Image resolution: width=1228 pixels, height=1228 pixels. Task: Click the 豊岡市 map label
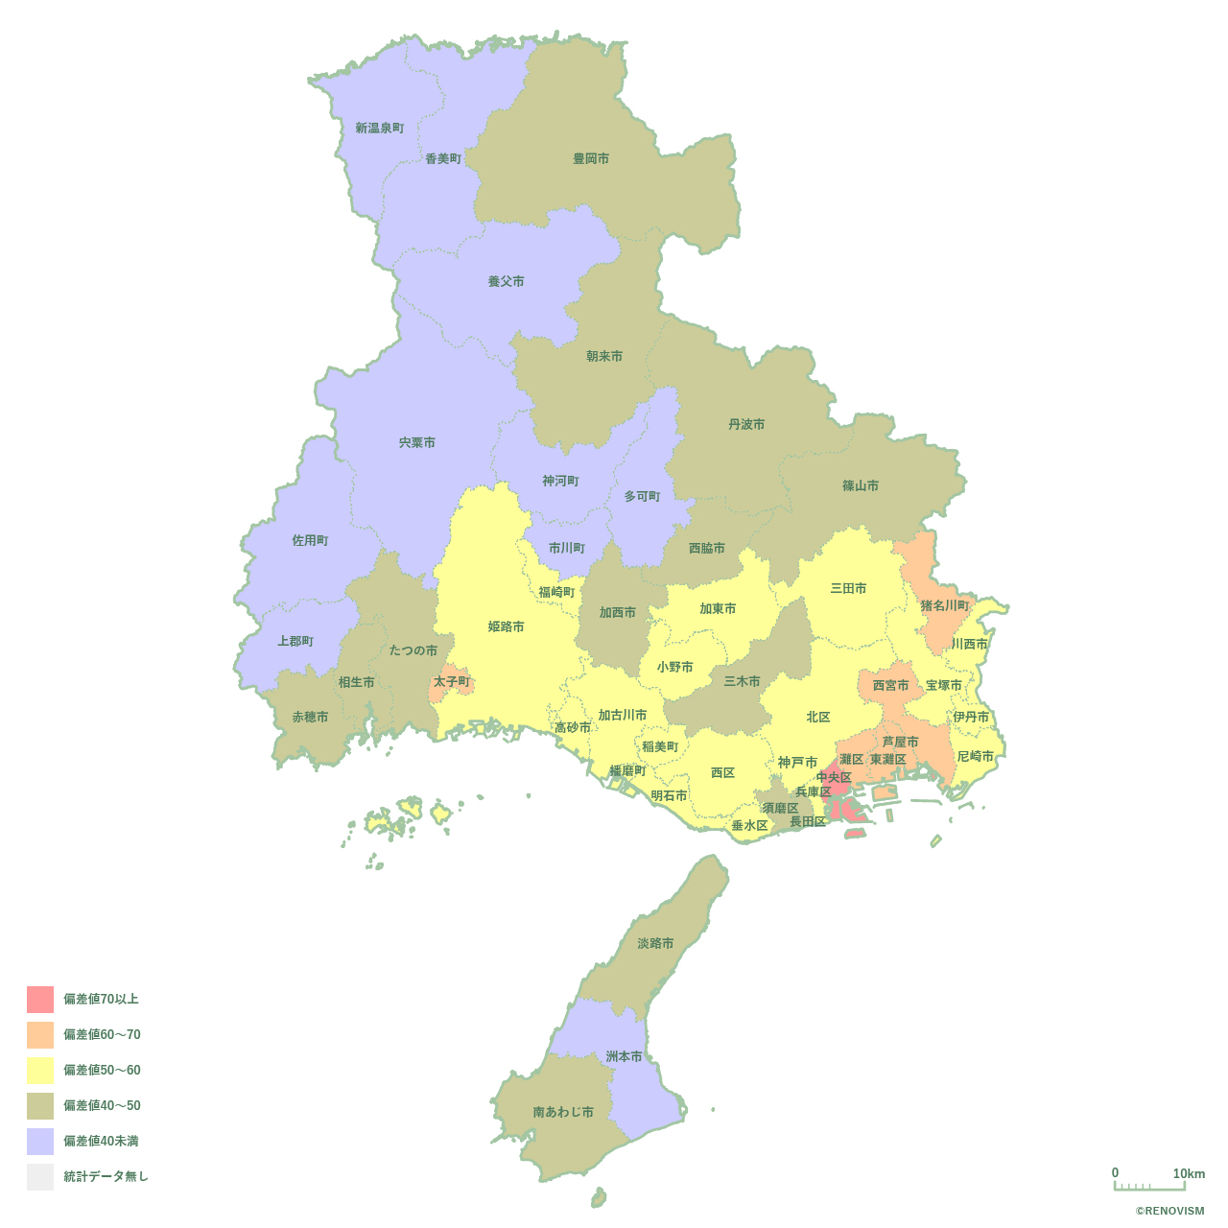[591, 158]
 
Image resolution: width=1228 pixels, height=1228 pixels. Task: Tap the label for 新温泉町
[380, 128]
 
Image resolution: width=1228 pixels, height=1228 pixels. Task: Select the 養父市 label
[507, 281]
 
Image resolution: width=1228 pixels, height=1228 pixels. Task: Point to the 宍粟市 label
[417, 442]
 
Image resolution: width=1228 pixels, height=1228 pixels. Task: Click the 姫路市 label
[507, 626]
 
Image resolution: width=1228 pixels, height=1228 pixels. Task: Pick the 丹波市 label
[746, 424]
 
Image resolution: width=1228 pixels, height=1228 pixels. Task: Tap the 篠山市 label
[861, 485]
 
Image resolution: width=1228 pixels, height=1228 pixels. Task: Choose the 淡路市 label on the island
[655, 943]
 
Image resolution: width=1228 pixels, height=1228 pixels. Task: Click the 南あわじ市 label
[563, 1112]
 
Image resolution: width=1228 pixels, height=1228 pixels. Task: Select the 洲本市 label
[624, 1056]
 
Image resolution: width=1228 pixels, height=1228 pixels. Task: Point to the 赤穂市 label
[310, 717]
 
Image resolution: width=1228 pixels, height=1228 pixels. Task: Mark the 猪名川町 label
[945, 605]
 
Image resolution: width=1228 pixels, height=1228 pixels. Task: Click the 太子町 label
[452, 681]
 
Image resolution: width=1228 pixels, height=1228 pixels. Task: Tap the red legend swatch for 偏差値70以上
[40, 1000]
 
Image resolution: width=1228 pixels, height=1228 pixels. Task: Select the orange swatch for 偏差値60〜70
[40, 1035]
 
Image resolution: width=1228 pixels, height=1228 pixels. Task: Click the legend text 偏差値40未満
[102, 1141]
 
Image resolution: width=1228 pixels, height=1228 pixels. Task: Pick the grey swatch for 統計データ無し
[40, 1177]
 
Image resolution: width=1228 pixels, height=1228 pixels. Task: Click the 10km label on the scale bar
[1189, 1173]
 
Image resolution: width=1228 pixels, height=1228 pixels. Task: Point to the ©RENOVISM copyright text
[1169, 1211]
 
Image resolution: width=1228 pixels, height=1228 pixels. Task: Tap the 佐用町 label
[310, 540]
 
